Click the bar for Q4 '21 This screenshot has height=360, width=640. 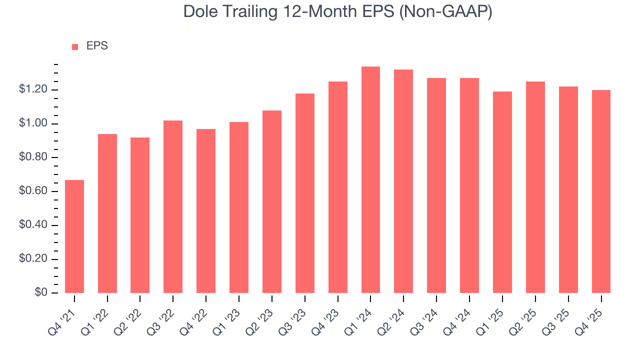coord(74,236)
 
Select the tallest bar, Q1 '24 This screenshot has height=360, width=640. coord(370,180)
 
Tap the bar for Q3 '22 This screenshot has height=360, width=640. coord(173,206)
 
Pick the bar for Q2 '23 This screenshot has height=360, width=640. coord(272,201)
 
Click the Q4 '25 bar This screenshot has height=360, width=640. coord(601,191)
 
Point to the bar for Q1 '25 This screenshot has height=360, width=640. coord(502,192)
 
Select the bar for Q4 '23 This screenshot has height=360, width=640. coord(338,187)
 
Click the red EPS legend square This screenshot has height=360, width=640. coord(75,46)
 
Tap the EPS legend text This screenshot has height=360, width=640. coord(97,46)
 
